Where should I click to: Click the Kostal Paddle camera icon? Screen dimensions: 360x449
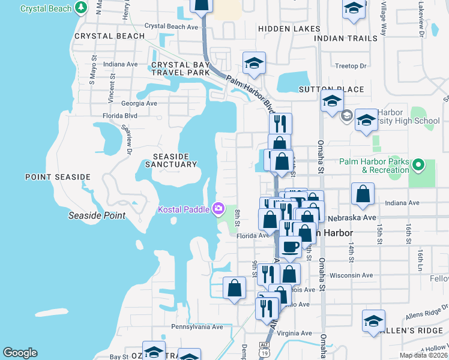click(x=218, y=209)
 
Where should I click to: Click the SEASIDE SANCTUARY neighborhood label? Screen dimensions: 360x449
click(x=170, y=159)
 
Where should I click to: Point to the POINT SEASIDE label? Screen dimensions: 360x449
click(x=58, y=177)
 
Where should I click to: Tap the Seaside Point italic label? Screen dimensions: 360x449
click(x=97, y=215)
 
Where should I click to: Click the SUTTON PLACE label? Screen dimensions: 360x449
click(x=331, y=89)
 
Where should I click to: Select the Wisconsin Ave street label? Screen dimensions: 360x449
click(x=351, y=275)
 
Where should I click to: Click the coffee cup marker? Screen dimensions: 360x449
click(x=290, y=246)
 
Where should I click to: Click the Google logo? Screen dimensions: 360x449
click(x=20, y=353)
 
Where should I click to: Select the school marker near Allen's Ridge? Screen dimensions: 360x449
click(x=373, y=321)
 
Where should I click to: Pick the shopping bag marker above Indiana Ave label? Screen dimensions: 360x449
click(x=363, y=194)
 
